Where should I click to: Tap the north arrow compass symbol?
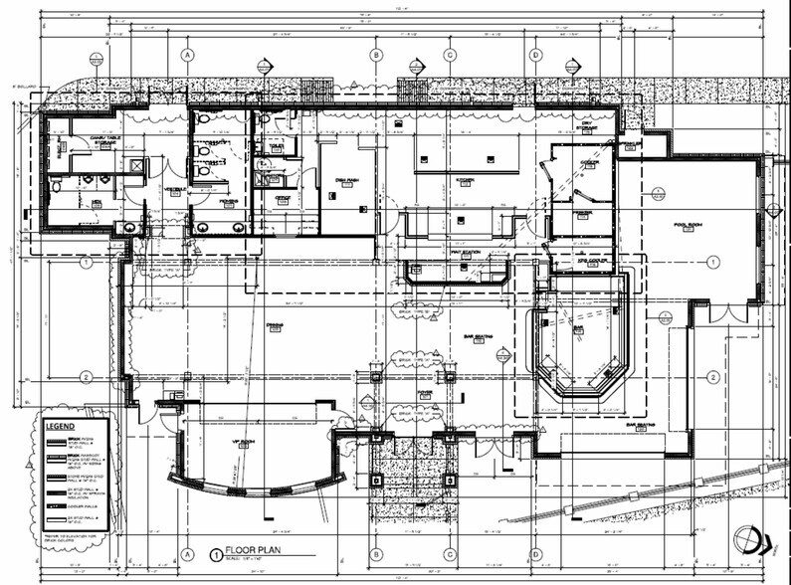[x=747, y=540]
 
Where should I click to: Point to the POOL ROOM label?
[x=688, y=225]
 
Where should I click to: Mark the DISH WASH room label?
[x=346, y=180]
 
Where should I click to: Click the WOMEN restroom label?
[x=229, y=201]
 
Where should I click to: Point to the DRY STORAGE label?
[x=588, y=126]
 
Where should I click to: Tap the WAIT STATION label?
[x=465, y=252]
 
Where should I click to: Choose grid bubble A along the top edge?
[x=186, y=55]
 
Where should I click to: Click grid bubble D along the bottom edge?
[x=535, y=554]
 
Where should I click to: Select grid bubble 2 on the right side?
[x=712, y=376]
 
